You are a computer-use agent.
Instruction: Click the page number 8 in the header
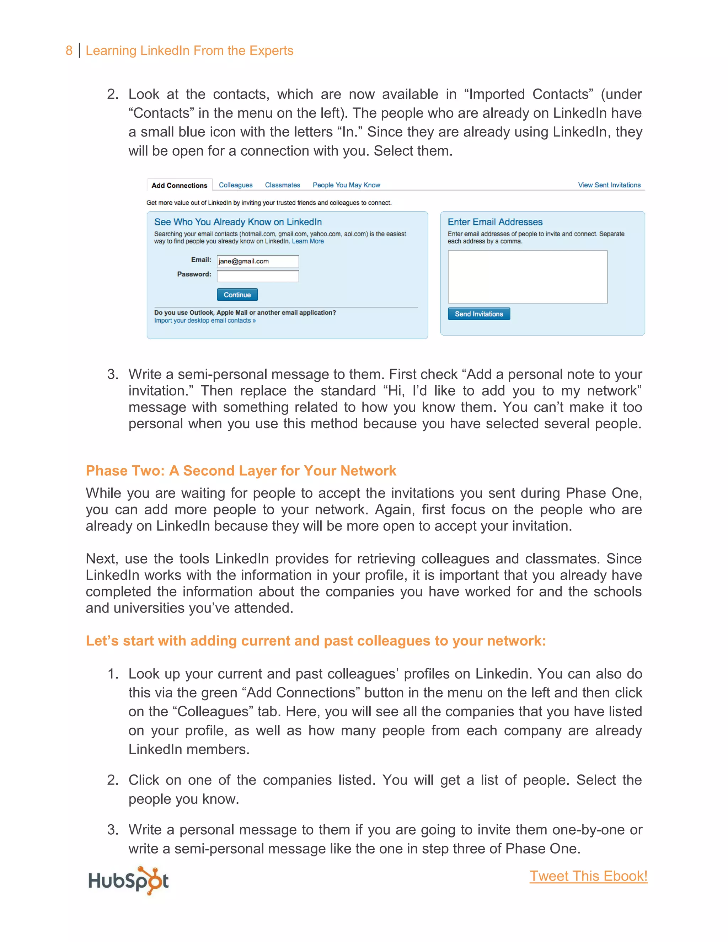[x=69, y=50]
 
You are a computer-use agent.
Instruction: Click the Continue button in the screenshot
[x=237, y=295]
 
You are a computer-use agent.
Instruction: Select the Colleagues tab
[x=235, y=185]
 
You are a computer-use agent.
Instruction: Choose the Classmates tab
[x=283, y=185]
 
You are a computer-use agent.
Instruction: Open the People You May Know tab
[x=346, y=185]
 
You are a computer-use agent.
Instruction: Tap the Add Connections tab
[x=180, y=186]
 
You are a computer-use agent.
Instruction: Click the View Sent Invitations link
[x=609, y=185]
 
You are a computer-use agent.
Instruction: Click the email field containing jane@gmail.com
[x=257, y=261]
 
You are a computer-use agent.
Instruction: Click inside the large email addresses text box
[x=528, y=277]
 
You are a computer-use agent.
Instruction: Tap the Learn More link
[x=307, y=241]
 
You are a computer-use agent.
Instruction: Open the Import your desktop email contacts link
[x=205, y=321]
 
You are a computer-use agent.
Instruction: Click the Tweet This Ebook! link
[x=588, y=876]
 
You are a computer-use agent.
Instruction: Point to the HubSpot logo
[x=129, y=880]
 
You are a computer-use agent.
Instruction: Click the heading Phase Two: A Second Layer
[x=241, y=471]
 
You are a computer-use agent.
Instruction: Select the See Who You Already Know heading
[x=238, y=222]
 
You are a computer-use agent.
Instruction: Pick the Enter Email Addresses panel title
[x=495, y=222]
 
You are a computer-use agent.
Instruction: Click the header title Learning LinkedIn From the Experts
[x=189, y=50]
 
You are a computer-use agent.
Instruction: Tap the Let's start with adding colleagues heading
[x=316, y=641]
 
